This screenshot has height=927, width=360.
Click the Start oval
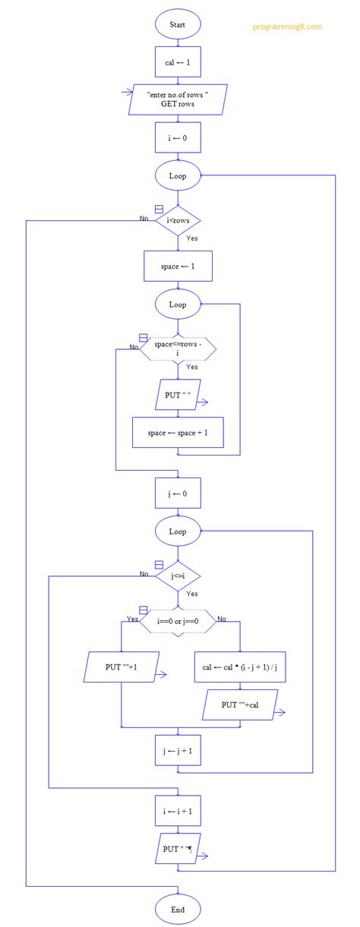178,25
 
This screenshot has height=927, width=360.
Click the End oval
178,909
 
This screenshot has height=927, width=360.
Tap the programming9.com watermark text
287,27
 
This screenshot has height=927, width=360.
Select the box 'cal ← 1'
178,61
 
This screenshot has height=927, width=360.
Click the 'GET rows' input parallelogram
178,99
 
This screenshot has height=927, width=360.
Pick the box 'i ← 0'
178,138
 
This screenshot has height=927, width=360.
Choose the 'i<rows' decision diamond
178,221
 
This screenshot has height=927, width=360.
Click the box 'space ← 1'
178,266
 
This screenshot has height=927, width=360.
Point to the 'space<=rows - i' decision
178,348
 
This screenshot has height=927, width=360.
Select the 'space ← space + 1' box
178,432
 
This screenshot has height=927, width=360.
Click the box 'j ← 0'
178,492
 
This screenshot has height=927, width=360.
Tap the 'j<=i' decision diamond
178,576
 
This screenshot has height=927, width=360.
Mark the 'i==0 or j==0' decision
178,621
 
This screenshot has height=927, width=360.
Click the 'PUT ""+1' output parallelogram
122,667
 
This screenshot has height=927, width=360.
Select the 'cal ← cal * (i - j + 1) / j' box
240,667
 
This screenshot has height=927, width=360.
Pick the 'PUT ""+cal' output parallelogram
240,705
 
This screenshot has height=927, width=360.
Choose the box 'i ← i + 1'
178,811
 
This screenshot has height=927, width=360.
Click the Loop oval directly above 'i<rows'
178,176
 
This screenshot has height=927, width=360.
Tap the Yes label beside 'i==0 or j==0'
132,620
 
